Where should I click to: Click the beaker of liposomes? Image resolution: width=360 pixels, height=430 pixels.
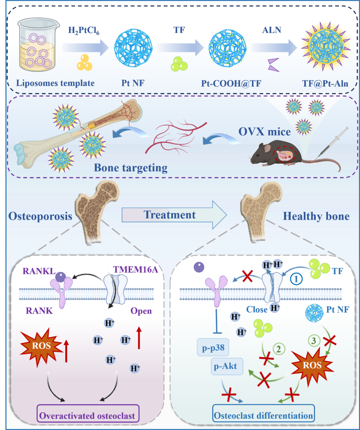[38, 45]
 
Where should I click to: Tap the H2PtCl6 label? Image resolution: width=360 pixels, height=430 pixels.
[84, 31]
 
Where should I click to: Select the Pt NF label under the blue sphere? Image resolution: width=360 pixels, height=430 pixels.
[133, 83]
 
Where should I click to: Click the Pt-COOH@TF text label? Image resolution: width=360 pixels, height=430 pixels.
[231, 83]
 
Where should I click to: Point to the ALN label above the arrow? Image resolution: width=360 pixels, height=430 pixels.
[272, 30]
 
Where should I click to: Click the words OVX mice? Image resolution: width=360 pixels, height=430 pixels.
[264, 132]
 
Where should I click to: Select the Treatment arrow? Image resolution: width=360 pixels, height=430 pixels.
[174, 215]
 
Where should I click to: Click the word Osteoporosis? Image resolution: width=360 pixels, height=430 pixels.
[40, 216]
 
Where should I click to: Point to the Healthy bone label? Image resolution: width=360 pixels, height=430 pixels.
[316, 216]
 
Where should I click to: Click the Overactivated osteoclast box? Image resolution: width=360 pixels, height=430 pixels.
[88, 415]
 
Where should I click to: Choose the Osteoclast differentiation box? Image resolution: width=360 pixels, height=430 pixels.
[263, 415]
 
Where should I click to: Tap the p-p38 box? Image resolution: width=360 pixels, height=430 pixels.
[213, 348]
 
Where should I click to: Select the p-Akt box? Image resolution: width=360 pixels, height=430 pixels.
[226, 366]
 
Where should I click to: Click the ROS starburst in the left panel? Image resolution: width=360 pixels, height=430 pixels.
[41, 346]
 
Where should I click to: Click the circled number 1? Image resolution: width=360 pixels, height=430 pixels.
[296, 279]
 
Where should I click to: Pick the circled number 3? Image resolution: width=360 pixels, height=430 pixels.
[313, 340]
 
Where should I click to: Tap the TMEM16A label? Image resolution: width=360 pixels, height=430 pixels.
[135, 269]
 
